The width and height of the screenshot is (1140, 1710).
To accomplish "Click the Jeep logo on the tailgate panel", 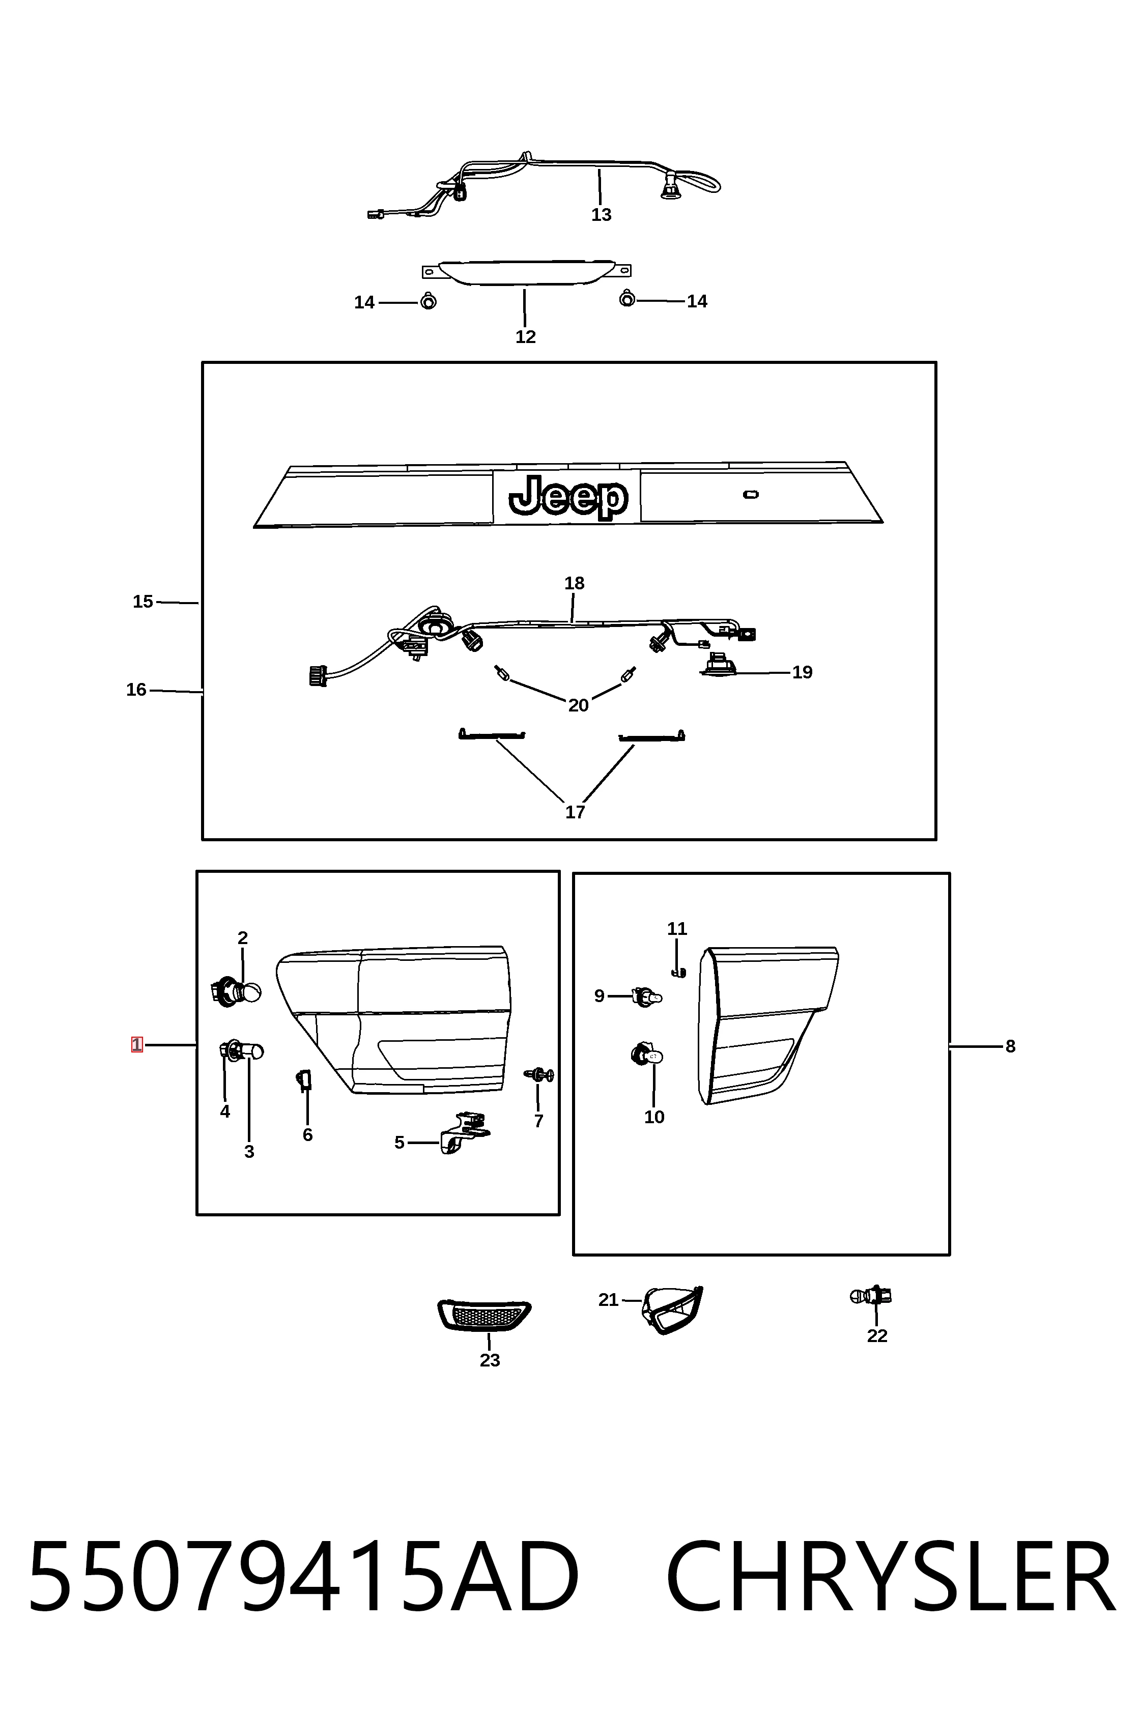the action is (568, 497).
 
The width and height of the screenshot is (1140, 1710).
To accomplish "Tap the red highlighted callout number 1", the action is (137, 1045).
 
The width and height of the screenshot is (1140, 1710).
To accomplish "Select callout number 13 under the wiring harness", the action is (601, 214).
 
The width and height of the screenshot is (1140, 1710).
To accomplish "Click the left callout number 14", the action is (364, 302).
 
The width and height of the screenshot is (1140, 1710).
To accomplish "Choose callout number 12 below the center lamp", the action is (526, 336).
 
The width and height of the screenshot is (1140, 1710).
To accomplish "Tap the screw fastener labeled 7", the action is (539, 1075).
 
